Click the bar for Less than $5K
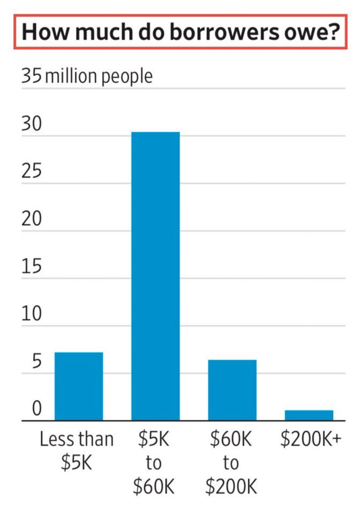tap(79, 386)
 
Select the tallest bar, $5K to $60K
tap(155, 276)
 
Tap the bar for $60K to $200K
tap(232, 390)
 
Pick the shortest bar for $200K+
tap(309, 415)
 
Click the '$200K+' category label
tap(311, 439)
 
